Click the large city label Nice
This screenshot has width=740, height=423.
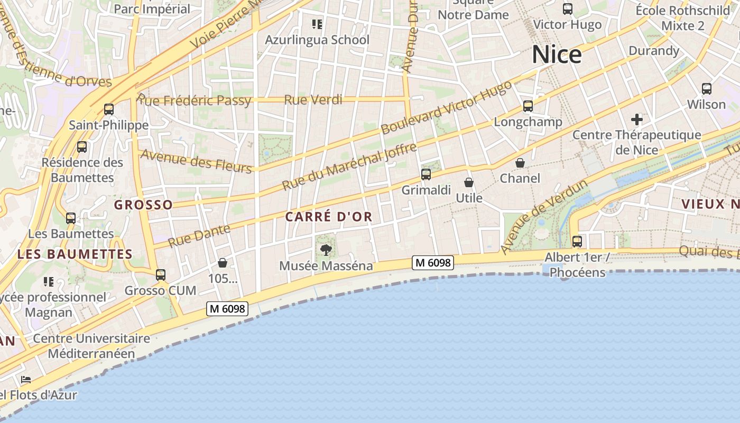(x=557, y=55)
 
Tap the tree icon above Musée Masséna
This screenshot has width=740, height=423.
(x=326, y=249)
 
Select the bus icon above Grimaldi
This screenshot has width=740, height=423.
(x=426, y=174)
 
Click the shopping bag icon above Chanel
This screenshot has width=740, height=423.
(x=520, y=162)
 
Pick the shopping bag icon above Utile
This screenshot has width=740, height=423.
(x=469, y=182)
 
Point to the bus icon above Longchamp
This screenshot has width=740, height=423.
(x=528, y=106)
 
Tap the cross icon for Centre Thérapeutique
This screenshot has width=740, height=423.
(x=637, y=119)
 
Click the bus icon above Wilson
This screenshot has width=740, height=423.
(x=707, y=89)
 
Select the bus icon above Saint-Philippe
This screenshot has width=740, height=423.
(x=109, y=109)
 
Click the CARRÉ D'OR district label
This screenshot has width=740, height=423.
(x=329, y=216)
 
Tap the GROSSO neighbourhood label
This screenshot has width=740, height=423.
(x=143, y=205)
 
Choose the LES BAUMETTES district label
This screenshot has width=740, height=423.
(x=75, y=254)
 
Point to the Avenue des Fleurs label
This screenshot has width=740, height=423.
(x=197, y=161)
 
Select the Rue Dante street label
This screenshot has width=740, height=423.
(x=199, y=236)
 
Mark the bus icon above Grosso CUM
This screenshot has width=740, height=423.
(x=161, y=275)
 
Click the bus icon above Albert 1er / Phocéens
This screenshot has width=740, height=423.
(x=577, y=242)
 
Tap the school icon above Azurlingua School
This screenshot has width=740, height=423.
(x=317, y=24)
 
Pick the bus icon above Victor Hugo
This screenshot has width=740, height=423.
(x=568, y=9)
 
